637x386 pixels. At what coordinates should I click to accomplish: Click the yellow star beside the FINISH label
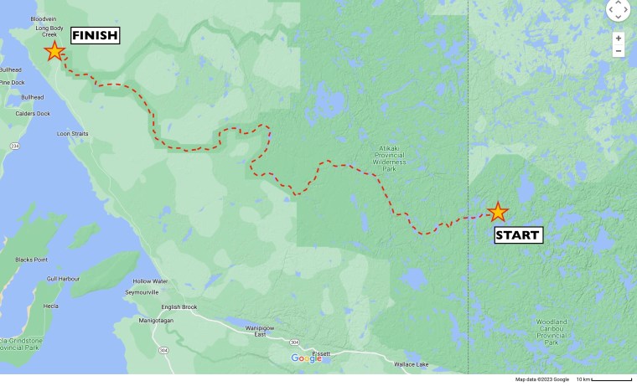(x=54, y=51)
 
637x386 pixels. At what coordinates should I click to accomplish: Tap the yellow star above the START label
(x=498, y=211)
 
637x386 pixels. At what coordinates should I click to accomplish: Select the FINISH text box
(x=95, y=35)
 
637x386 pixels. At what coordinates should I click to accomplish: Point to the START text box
(x=518, y=234)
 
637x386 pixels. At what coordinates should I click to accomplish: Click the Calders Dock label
(x=32, y=114)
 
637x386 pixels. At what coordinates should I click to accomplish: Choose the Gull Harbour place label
(x=63, y=278)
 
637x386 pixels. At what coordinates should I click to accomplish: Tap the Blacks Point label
(x=31, y=260)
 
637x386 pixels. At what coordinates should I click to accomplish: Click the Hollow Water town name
(x=150, y=281)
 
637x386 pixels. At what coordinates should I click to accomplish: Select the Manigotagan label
(x=158, y=320)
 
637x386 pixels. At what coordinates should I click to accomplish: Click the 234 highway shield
(x=14, y=146)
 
